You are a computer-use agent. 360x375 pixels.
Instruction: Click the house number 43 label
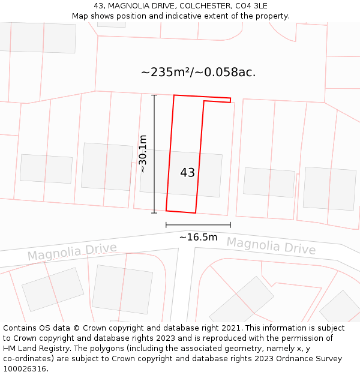click(187, 173)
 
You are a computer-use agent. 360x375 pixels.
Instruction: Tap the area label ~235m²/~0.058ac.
click(198, 73)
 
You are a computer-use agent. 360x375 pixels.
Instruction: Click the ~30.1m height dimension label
click(143, 154)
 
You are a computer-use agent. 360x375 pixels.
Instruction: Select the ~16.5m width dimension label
click(198, 237)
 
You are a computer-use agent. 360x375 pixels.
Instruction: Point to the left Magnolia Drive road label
click(72, 253)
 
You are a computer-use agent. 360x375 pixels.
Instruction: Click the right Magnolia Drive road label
click(271, 245)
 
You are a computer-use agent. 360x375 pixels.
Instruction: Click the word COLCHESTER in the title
click(196, 6)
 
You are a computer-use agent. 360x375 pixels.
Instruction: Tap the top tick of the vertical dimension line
click(154, 95)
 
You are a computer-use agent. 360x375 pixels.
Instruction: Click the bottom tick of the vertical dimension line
click(154, 213)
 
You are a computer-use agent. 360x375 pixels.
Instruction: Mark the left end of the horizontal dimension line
click(166, 225)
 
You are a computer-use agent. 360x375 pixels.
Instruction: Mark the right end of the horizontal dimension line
click(230, 225)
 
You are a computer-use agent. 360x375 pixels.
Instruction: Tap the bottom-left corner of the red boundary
click(166, 211)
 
